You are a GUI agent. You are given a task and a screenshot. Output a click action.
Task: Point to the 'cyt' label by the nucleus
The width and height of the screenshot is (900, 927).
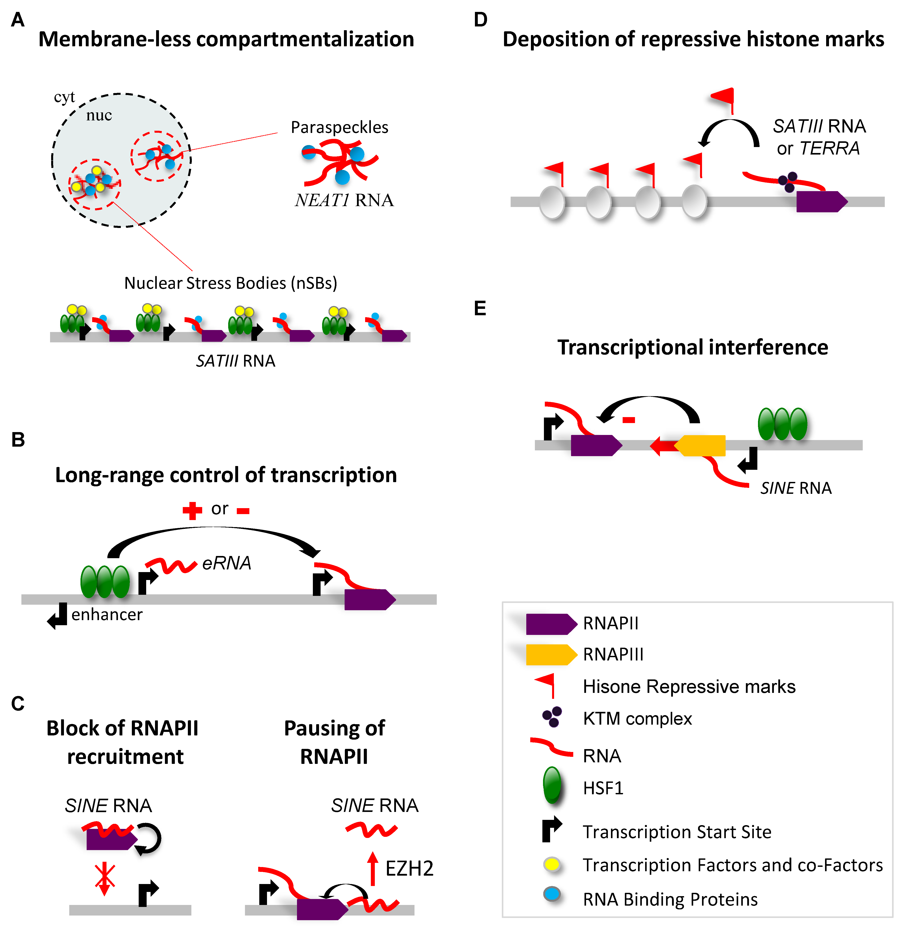pyautogui.click(x=64, y=97)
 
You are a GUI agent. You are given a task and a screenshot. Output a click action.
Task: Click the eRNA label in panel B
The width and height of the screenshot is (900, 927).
pyautogui.click(x=226, y=563)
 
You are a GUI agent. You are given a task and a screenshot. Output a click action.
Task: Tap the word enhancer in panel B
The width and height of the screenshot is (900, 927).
pyautogui.click(x=107, y=614)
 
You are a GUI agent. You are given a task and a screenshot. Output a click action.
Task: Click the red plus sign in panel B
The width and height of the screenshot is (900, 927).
pyautogui.click(x=192, y=510)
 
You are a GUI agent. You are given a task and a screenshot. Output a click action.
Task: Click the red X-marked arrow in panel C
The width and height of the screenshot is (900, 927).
pyautogui.click(x=105, y=879)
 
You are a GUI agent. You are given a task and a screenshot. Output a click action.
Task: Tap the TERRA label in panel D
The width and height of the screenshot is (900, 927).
pyautogui.click(x=829, y=149)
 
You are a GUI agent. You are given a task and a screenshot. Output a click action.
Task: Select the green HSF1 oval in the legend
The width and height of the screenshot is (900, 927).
pyautogui.click(x=552, y=786)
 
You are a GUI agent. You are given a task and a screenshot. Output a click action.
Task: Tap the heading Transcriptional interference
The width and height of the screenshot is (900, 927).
pyautogui.click(x=692, y=347)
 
